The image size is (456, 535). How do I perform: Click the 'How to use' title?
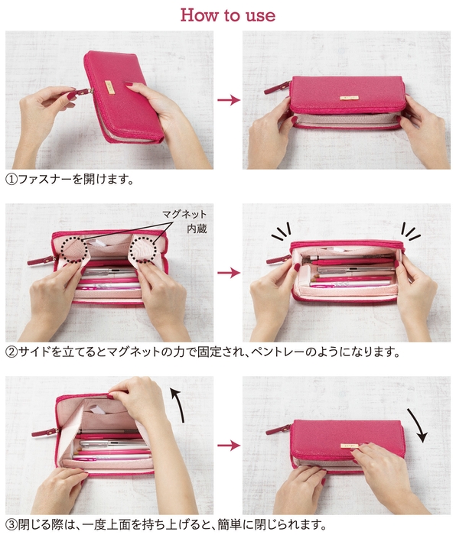pyautogui.click(x=227, y=15)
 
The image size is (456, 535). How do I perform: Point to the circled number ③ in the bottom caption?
pyautogui.click(x=11, y=525)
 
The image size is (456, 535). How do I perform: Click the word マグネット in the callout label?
pyautogui.click(x=184, y=214)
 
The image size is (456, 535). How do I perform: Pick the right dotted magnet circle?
pyautogui.click(x=148, y=248)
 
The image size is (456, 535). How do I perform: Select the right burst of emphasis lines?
pyautogui.click(x=412, y=230)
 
